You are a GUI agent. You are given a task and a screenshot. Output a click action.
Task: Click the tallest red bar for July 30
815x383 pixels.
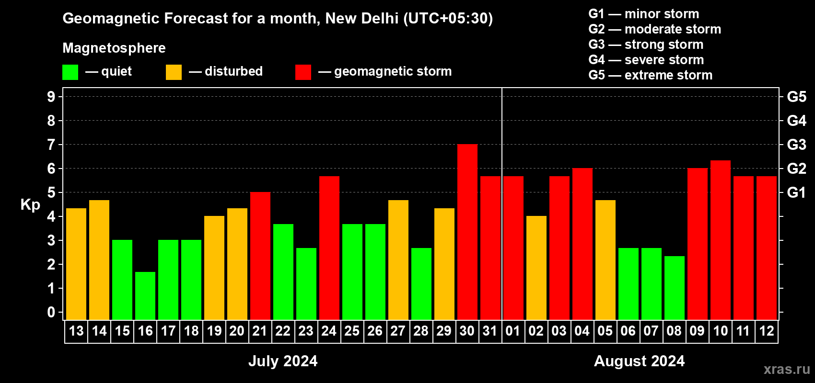tap(467, 232)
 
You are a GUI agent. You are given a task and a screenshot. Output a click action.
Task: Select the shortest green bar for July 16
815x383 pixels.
tap(145, 296)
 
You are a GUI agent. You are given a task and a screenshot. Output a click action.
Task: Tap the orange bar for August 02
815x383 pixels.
tap(536, 268)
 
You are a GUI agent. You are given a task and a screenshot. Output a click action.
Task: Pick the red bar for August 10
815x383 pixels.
tap(720, 240)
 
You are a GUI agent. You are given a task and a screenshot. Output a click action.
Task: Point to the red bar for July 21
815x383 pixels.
tap(260, 256)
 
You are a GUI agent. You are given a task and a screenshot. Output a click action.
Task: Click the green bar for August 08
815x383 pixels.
tap(674, 288)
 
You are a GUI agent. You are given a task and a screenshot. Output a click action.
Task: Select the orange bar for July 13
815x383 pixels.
tap(76, 264)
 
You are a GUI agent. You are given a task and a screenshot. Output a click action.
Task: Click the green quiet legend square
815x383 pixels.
tap(70, 72)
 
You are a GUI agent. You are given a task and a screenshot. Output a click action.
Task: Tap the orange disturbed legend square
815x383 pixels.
tap(174, 72)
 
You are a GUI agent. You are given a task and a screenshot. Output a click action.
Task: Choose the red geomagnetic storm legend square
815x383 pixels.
tap(303, 72)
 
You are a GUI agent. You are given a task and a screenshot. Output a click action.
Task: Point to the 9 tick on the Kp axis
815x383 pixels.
tap(51, 97)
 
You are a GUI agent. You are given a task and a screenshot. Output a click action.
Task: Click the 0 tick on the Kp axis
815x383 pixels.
tap(51, 313)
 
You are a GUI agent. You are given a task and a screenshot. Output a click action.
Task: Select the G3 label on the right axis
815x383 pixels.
tap(796, 145)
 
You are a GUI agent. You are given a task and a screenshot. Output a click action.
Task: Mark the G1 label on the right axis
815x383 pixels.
tap(796, 192)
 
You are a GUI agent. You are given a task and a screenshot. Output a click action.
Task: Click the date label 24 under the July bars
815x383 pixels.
tap(329, 331)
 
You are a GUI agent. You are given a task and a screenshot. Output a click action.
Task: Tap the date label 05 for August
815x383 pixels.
tap(605, 331)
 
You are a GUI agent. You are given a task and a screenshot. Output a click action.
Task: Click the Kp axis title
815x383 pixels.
tap(30, 205)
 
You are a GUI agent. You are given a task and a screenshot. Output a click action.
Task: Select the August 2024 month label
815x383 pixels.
tap(639, 361)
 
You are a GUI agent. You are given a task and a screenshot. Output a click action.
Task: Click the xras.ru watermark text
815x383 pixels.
tap(787, 369)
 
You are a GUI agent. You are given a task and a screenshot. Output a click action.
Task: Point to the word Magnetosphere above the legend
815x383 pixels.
tap(114, 48)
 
